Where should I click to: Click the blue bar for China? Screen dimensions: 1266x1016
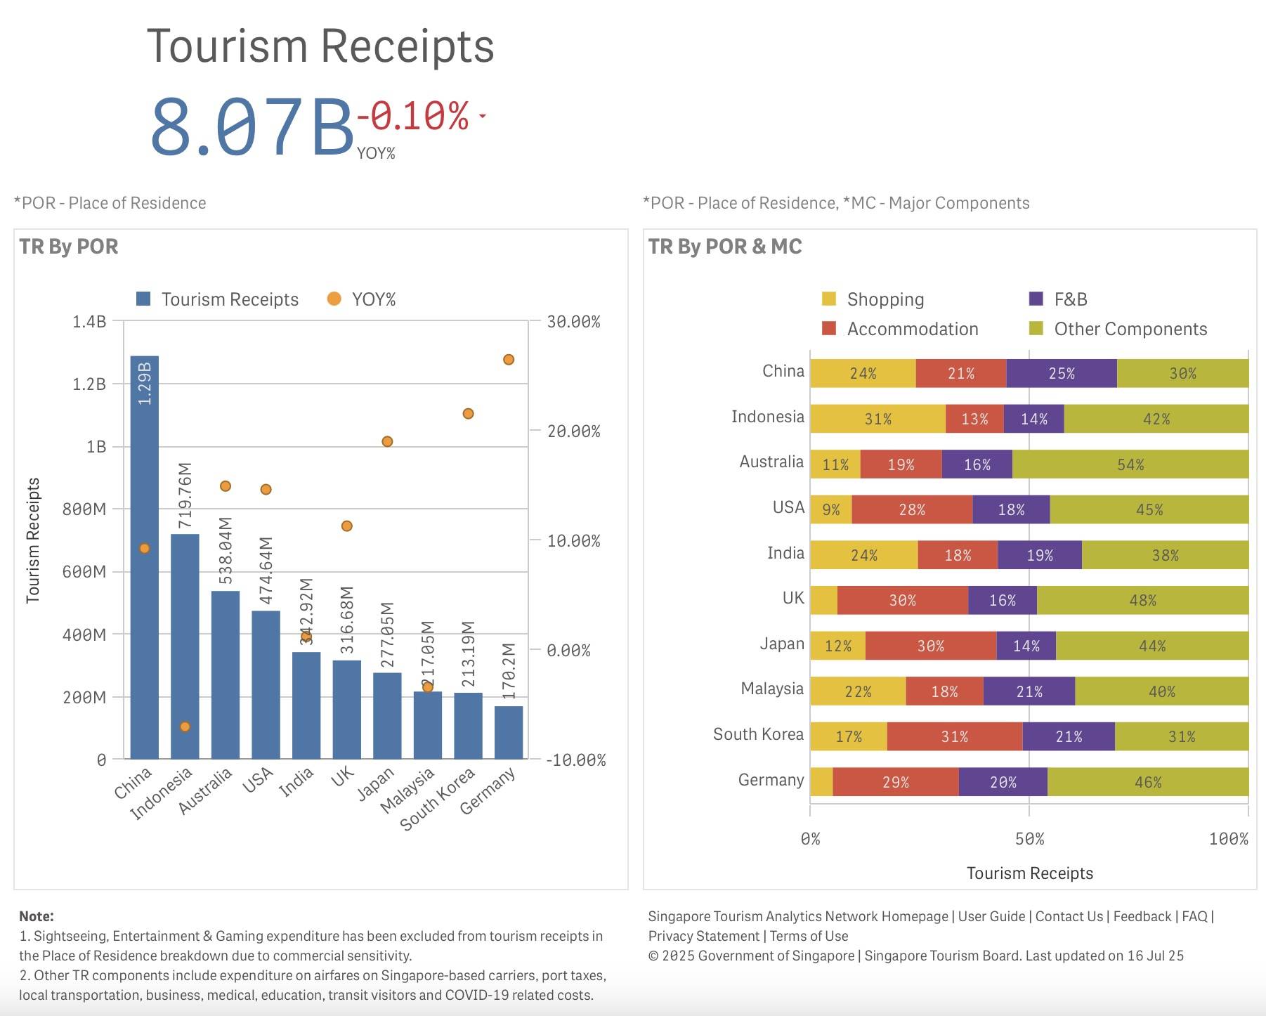145,557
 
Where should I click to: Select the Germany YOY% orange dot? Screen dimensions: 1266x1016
509,360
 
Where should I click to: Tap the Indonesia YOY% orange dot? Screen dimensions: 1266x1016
185,727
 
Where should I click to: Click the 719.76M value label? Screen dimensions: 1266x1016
185,495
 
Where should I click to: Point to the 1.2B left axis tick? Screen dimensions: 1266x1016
89,384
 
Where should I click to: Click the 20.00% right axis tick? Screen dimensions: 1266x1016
573,431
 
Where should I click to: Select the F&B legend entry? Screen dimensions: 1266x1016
1058,299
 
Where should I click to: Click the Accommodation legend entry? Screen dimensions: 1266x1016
900,329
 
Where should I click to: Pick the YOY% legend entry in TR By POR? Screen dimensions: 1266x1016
362,299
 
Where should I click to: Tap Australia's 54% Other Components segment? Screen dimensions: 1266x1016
1130,464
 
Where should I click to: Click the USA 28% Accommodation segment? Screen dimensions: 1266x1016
912,509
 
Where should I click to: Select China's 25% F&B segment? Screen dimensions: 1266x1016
1062,373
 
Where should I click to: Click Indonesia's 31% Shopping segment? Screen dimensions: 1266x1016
877,419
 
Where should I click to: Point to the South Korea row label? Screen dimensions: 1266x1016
758,734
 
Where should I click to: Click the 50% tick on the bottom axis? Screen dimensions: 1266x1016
1029,839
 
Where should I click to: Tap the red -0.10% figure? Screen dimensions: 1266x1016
413,116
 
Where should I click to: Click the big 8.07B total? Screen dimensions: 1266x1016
252,127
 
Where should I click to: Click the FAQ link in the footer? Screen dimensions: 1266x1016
1194,916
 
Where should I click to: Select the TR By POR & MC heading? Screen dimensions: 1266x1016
725,247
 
